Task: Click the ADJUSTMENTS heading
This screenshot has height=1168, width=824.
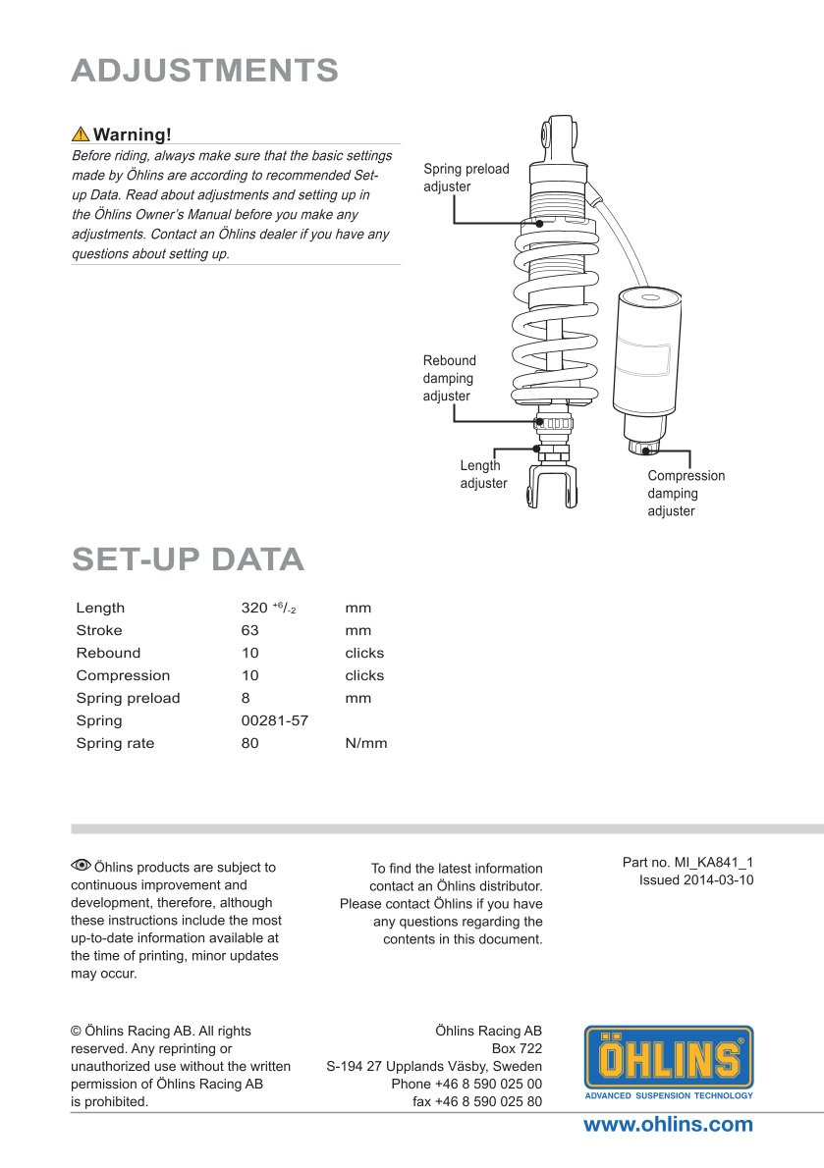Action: pos(205,71)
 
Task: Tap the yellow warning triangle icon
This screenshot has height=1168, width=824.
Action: pos(81,134)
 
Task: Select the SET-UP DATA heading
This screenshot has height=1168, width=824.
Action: pos(188,558)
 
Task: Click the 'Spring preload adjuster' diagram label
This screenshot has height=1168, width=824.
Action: pos(466,178)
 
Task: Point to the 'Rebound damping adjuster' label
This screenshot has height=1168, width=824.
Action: pos(449,378)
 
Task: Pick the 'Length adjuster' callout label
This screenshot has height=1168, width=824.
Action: pos(483,474)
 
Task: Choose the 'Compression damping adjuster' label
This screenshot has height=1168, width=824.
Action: pos(686,493)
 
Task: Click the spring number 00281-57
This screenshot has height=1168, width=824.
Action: pos(275,720)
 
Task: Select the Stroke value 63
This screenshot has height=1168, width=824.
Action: pos(250,630)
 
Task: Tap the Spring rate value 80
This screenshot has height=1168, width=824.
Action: pos(250,743)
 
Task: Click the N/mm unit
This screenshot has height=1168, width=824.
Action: pos(366,743)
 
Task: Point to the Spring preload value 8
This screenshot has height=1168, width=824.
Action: pos(246,698)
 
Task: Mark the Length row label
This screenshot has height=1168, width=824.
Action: pos(100,608)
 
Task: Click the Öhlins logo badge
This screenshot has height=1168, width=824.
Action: pos(669,1062)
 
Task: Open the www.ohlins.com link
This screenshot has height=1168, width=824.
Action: pos(668,1125)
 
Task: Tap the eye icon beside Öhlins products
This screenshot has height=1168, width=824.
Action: pos(81,865)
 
